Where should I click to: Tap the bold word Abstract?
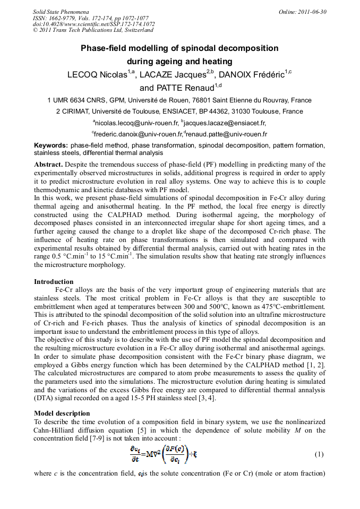[48, 165]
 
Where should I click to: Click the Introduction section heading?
[54, 282]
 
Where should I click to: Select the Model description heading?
[62, 413]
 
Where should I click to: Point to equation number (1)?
[319, 454]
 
